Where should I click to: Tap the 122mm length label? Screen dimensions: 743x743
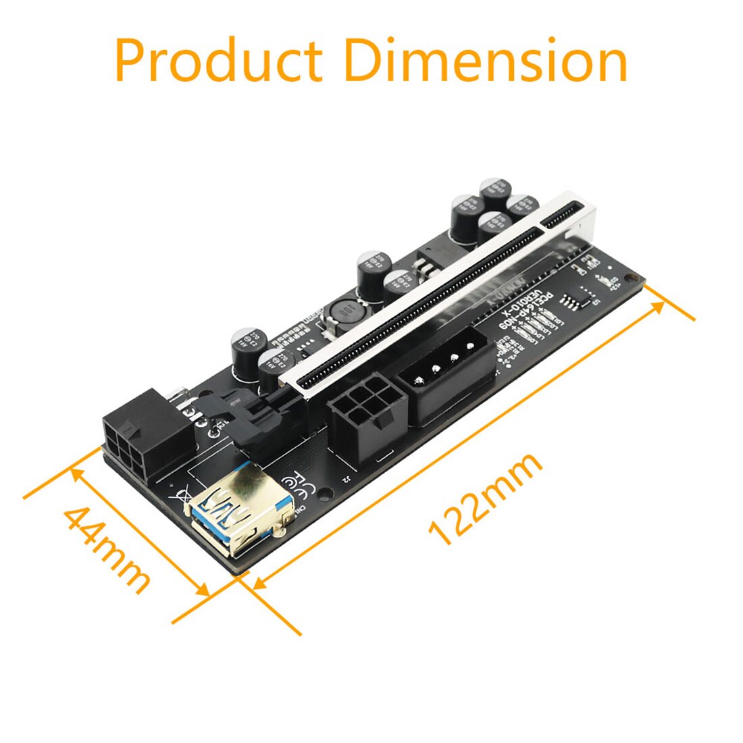tap(485, 497)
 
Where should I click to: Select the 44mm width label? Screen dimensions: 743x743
tap(107, 548)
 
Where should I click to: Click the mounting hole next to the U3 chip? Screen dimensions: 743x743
tap(632, 277)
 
